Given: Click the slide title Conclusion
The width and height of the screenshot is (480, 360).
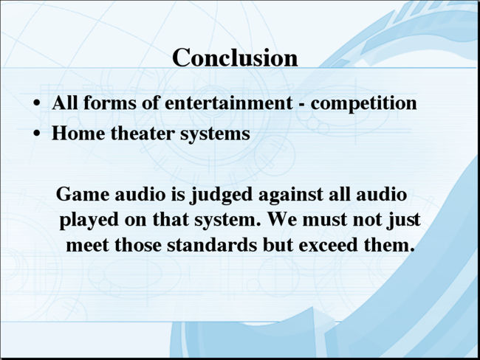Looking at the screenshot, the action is (x=235, y=58).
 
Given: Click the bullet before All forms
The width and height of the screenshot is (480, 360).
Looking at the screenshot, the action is (x=37, y=103).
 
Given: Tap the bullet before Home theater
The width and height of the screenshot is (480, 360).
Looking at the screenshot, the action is (x=37, y=134).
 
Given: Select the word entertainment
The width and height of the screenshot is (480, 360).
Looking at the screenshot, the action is (x=228, y=103).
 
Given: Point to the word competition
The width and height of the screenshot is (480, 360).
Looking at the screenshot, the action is (x=363, y=104).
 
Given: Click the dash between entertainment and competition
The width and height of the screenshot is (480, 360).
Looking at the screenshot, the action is (x=301, y=105).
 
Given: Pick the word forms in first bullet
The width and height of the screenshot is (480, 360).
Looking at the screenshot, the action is (x=109, y=103).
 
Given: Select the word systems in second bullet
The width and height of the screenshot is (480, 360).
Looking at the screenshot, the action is (x=215, y=134).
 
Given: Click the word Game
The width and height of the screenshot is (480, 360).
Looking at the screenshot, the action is (x=83, y=194).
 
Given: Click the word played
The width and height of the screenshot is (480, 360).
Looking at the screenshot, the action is (x=89, y=221).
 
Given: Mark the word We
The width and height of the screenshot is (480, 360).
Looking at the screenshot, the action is (x=281, y=219).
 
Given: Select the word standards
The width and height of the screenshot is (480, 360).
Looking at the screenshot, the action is (x=212, y=245).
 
